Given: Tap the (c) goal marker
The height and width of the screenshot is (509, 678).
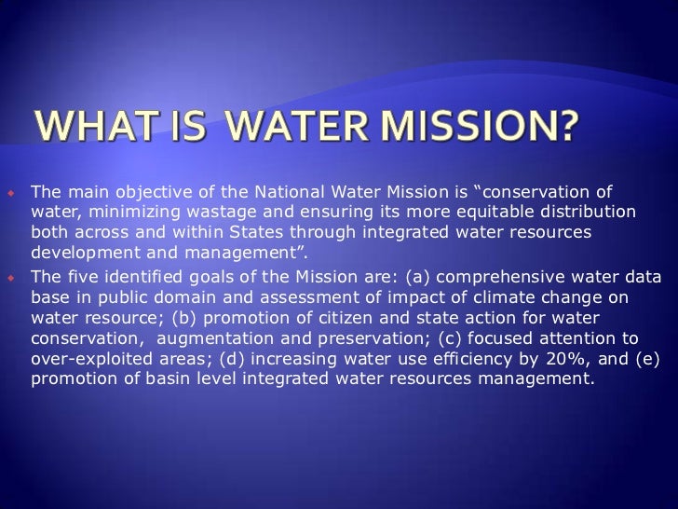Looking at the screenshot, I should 435,334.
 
